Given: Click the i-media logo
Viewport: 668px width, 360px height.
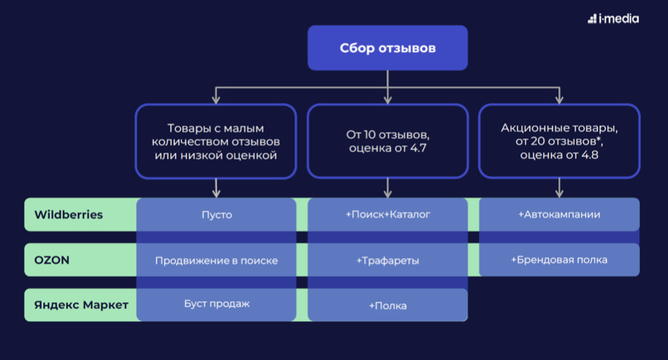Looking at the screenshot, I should [612, 19].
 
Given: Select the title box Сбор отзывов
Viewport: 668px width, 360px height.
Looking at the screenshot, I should [387, 48].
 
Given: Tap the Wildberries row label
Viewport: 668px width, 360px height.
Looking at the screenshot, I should [69, 214].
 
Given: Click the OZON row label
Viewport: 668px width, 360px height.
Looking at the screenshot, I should [52, 260].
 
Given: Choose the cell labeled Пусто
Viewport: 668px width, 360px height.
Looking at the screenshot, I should [216, 215].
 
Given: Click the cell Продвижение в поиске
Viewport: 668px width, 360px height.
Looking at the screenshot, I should [216, 260].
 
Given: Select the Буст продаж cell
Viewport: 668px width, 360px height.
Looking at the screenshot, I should [216, 304].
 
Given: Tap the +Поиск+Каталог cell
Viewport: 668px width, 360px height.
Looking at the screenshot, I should [387, 215].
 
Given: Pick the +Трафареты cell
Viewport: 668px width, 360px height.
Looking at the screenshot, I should [387, 260].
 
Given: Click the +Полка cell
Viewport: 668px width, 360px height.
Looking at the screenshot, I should [387, 305].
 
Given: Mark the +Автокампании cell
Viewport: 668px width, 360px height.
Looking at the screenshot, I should [559, 215].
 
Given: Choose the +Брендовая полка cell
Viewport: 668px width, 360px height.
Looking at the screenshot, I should [559, 260].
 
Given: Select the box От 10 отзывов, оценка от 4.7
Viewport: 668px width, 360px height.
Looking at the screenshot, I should [387, 141].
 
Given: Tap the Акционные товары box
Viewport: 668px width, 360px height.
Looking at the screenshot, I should [559, 141].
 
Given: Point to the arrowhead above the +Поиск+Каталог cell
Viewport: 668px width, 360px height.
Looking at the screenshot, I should [387, 193].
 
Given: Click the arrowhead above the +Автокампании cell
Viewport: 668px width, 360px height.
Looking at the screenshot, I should [559, 193].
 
